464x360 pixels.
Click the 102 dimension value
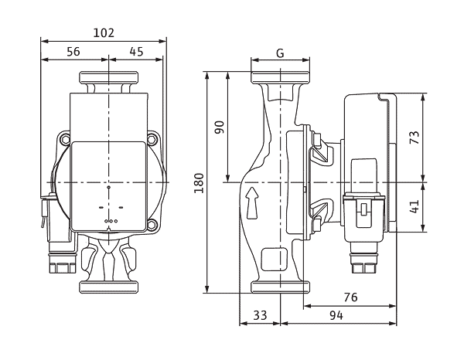104,32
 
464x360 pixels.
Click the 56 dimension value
73,52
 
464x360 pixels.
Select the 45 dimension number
136,52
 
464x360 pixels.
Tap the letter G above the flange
280,53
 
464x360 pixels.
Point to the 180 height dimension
199,183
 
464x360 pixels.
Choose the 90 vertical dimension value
220,127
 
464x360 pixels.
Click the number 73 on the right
415,138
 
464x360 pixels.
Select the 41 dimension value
415,206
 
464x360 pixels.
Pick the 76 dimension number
350,297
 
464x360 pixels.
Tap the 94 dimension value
336,315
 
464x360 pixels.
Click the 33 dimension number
260,315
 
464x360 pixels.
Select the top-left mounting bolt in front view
64,138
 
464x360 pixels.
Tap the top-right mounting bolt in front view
152,138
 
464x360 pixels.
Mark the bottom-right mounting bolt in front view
152,224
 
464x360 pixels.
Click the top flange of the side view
280,77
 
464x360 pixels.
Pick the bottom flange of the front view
108,287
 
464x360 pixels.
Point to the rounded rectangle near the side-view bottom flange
275,260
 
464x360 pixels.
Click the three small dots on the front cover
111,221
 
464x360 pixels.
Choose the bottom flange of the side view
280,287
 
